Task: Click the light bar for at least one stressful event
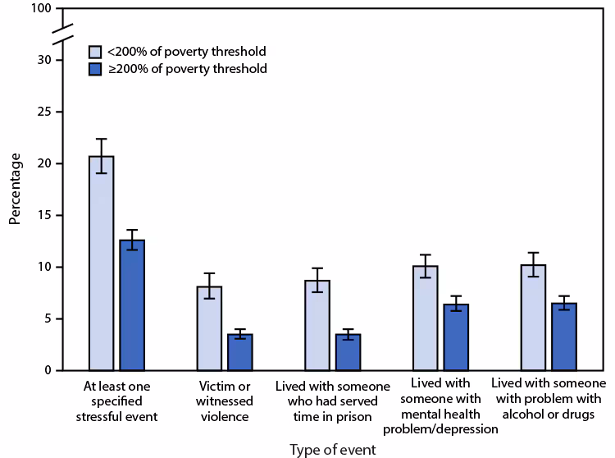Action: tap(101, 263)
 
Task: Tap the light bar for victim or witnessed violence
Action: tap(209, 328)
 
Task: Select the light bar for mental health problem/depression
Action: tap(424, 318)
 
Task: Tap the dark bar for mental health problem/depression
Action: tap(455, 337)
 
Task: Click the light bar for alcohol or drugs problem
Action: tap(532, 318)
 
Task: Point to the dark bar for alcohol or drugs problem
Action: tap(563, 337)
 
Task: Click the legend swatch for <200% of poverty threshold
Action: tap(95, 51)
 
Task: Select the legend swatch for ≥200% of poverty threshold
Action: tap(95, 69)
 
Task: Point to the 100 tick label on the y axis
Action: tap(42, 8)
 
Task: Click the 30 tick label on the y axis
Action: tap(45, 60)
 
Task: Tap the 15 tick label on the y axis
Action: tap(45, 215)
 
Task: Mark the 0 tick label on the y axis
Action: tap(48, 370)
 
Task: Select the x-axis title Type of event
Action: tap(332, 449)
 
